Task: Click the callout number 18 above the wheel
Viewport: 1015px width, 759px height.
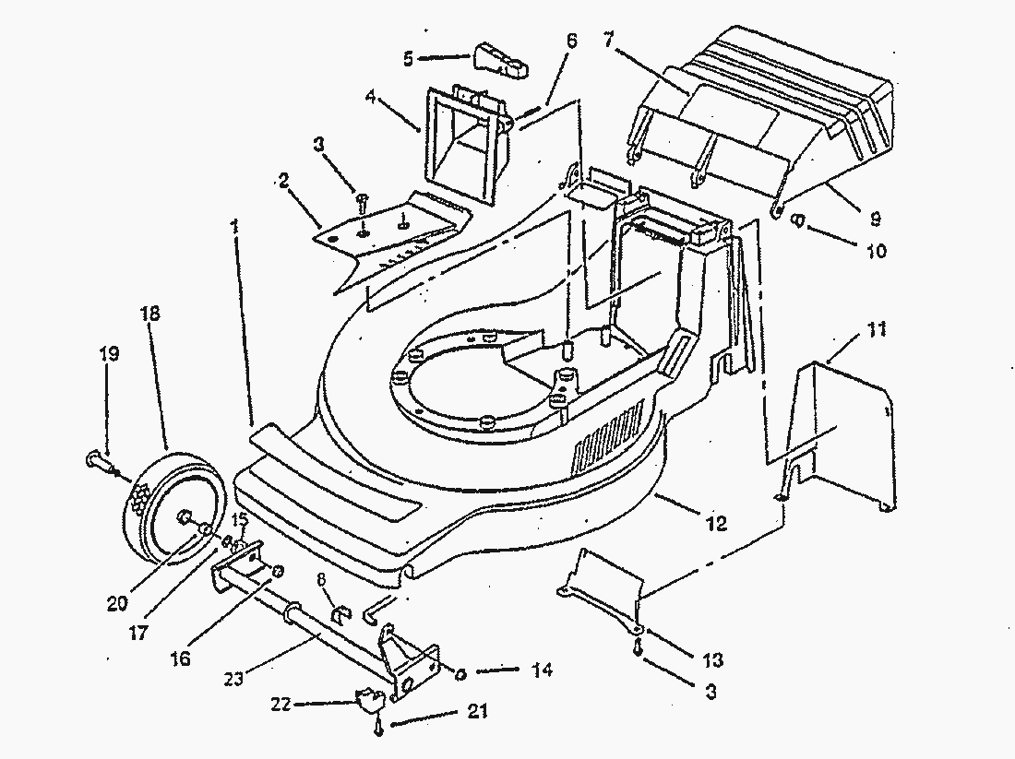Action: pos(149,313)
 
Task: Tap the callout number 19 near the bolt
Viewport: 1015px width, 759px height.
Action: pos(110,352)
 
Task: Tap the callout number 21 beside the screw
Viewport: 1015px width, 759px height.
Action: pos(479,712)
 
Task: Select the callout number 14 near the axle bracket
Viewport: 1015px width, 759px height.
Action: pos(542,670)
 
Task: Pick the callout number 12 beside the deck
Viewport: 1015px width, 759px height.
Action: pos(715,524)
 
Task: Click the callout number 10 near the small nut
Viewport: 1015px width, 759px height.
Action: pos(876,250)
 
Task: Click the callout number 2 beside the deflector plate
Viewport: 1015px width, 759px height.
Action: pos(284,178)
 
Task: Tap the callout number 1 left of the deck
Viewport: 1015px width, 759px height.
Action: pos(235,223)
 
